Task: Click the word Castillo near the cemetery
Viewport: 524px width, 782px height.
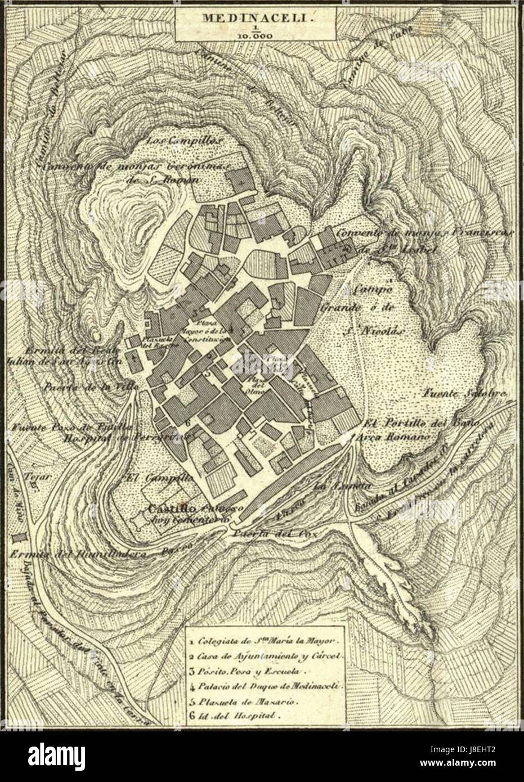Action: (163, 509)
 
